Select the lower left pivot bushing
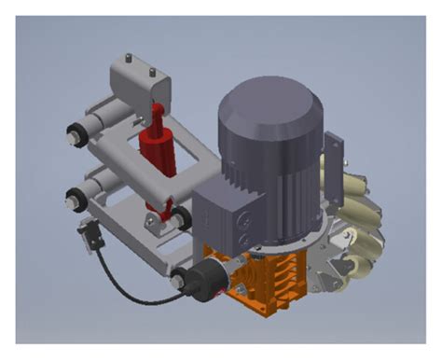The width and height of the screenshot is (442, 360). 73,197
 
